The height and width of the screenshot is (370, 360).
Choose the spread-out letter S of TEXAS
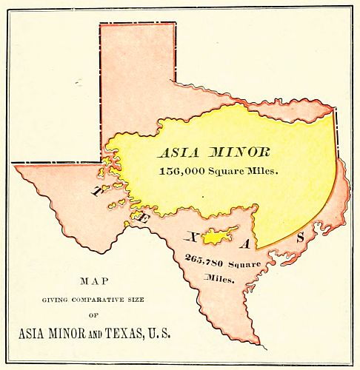pos(300,238)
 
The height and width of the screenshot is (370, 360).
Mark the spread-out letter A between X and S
pos(251,244)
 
